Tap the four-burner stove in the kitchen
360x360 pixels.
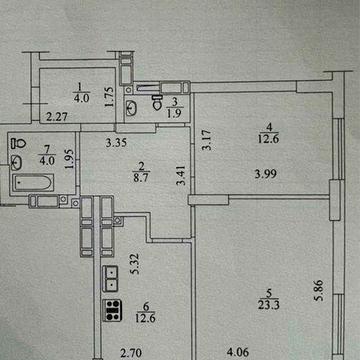point(113,309)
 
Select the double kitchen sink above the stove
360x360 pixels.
point(113,276)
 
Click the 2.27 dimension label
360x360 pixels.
point(57,118)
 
